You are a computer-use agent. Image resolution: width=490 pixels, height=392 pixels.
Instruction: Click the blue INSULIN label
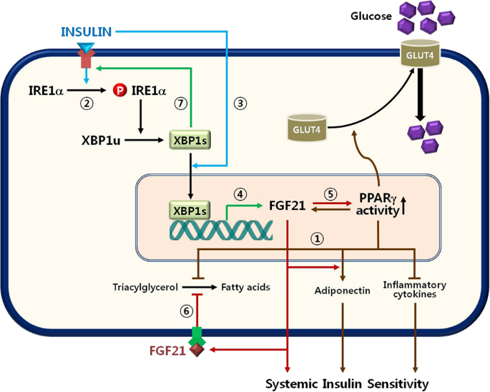(87, 32)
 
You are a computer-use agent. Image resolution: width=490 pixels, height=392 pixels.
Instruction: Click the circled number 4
(241, 194)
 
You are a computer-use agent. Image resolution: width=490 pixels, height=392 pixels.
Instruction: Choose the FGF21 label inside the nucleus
(288, 207)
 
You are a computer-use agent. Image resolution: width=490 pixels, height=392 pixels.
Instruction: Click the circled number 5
(330, 194)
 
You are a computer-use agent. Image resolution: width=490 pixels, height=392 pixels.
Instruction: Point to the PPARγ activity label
(381, 207)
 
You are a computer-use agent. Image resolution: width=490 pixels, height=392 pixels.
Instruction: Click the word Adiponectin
(342, 291)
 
